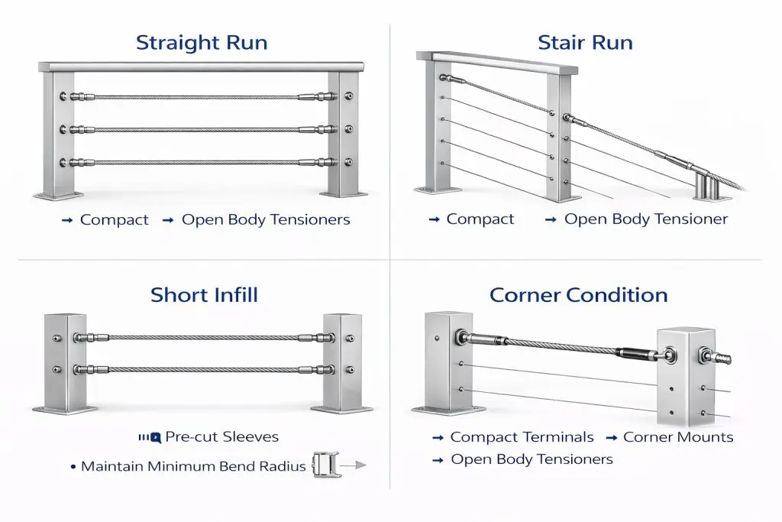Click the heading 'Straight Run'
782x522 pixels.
tap(202, 42)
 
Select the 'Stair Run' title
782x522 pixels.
tap(585, 42)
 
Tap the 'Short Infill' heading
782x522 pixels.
tap(204, 294)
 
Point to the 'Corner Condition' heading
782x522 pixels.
tap(578, 295)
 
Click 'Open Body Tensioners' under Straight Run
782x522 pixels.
tap(266, 220)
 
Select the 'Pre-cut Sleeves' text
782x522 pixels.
tap(222, 437)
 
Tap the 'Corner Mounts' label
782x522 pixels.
tap(678, 437)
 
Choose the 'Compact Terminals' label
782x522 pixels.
tap(522, 437)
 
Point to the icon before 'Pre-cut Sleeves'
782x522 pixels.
tap(150, 438)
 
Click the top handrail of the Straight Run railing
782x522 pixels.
tap(202, 67)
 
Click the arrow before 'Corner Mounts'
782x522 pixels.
tap(612, 438)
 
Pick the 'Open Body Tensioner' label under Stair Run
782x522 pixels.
tap(646, 219)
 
